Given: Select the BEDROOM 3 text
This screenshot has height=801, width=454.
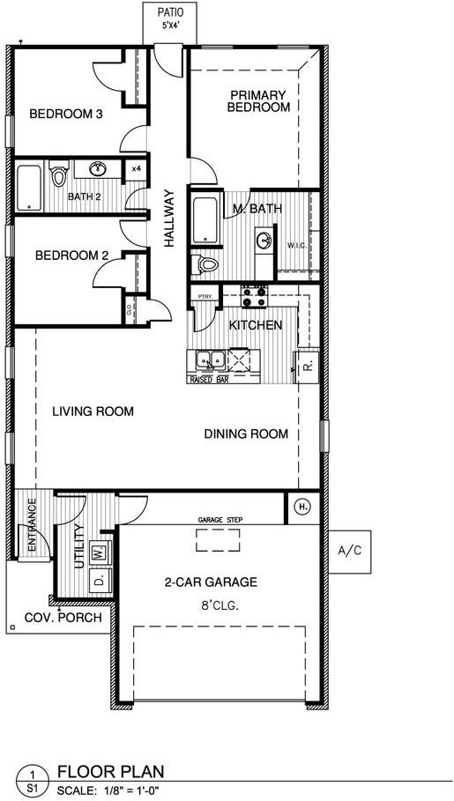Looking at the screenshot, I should (x=67, y=114).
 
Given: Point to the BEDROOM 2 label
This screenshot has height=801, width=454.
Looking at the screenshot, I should (x=71, y=256).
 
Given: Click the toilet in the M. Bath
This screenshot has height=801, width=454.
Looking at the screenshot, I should (x=206, y=263).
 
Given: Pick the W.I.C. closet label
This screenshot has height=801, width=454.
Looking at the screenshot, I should (x=295, y=246).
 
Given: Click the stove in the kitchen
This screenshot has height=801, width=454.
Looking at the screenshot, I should (x=254, y=297).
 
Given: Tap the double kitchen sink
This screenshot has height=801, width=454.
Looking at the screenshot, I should (x=210, y=360).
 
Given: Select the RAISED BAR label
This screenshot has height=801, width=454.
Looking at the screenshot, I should (x=209, y=380).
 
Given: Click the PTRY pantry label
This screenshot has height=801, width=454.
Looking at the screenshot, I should (x=205, y=297).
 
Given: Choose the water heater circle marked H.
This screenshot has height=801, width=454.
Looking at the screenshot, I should (x=301, y=507).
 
